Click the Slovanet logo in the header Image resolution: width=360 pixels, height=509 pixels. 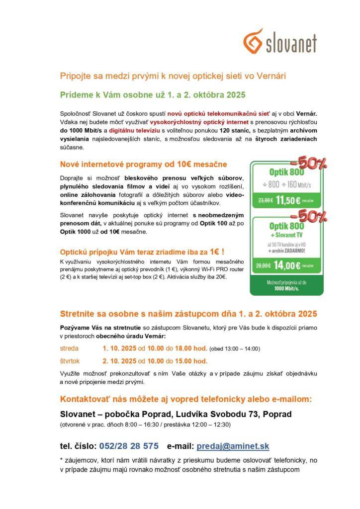[x=280, y=41]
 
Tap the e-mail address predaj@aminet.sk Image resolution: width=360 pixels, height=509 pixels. [x=233, y=446]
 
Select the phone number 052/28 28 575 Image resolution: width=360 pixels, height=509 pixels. [x=129, y=446]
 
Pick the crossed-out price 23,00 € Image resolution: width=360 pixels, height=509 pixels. [x=266, y=201]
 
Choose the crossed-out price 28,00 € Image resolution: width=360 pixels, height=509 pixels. [x=264, y=265]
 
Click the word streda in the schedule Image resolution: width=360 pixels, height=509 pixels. [x=69, y=348]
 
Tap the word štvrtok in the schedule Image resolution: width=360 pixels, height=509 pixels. [x=70, y=361]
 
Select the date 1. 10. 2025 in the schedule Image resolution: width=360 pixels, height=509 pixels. [x=119, y=348]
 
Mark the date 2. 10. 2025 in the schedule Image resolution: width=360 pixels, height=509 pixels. [x=119, y=361]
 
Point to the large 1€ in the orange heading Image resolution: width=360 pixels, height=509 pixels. [x=214, y=252]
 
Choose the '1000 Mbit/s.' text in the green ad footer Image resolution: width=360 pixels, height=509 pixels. [x=287, y=289]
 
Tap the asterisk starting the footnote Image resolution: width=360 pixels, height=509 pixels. [x=61, y=461]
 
